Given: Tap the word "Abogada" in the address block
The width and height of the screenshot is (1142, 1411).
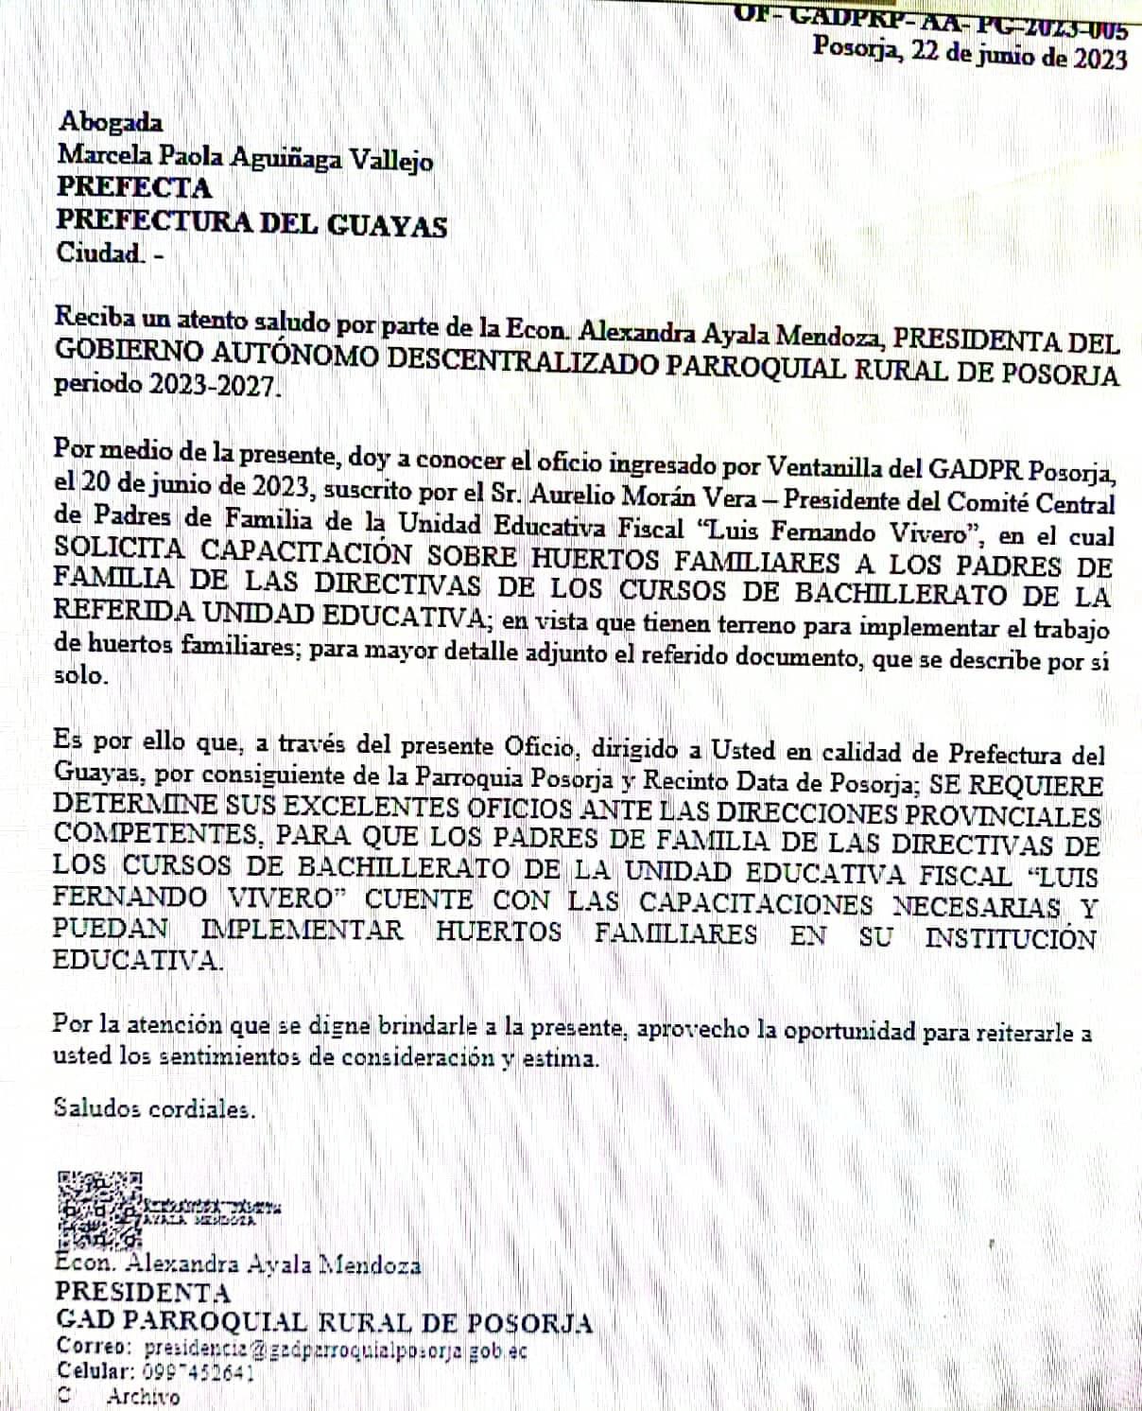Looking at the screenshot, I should [110, 122].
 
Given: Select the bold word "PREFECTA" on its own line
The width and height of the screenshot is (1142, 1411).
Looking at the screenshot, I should [134, 187].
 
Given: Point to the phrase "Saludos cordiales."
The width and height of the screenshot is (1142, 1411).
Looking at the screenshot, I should [154, 1107].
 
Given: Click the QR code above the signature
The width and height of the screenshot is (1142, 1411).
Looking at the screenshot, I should [99, 1210].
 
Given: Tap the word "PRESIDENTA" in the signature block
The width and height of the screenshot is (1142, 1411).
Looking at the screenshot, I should [142, 1292].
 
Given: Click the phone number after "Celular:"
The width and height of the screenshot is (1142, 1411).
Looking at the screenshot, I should [199, 1372].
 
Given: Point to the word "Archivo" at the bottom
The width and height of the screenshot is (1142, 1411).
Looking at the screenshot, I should [143, 1397].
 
